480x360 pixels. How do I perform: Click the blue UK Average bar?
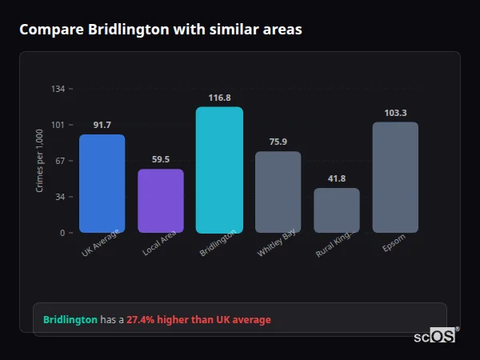click(102, 183)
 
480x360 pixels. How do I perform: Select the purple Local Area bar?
click(161, 201)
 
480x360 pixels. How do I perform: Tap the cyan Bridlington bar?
click(219, 170)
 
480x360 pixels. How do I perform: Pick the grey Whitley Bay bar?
click(278, 192)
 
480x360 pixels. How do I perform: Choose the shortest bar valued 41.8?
click(337, 210)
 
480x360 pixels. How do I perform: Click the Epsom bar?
click(395, 177)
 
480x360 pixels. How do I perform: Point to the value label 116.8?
click(219, 98)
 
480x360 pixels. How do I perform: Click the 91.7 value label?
click(102, 125)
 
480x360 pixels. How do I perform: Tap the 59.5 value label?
click(161, 159)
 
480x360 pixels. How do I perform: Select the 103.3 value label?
click(395, 113)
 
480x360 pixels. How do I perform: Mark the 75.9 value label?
click(278, 142)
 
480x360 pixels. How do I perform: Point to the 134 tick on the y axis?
click(58, 89)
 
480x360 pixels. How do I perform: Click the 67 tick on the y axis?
click(60, 161)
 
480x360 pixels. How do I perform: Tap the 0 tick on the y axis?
click(62, 233)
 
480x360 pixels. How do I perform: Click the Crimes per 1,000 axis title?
click(40, 161)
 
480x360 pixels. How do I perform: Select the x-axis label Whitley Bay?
click(277, 243)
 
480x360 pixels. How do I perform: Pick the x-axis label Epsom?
click(394, 242)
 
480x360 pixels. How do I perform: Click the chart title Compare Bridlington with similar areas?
click(161, 30)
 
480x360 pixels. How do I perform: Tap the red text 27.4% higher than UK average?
click(198, 320)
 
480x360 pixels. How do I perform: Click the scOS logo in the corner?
click(435, 336)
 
